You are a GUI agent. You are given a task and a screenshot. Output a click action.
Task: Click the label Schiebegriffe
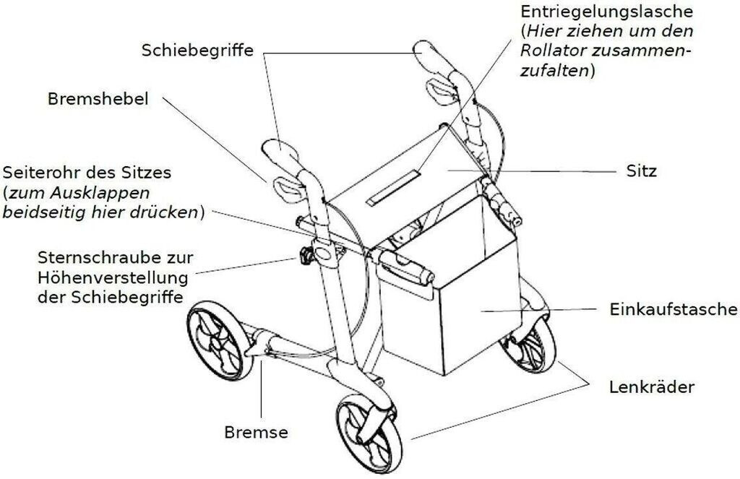tap(197, 51)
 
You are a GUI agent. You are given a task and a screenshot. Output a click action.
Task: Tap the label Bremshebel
tap(98, 99)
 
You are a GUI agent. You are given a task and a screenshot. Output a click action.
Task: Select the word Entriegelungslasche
tap(606, 12)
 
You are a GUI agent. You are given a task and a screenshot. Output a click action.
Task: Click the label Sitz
tap(641, 172)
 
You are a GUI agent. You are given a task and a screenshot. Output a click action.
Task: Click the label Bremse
tap(256, 433)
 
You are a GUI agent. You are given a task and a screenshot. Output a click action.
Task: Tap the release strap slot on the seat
tap(394, 186)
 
